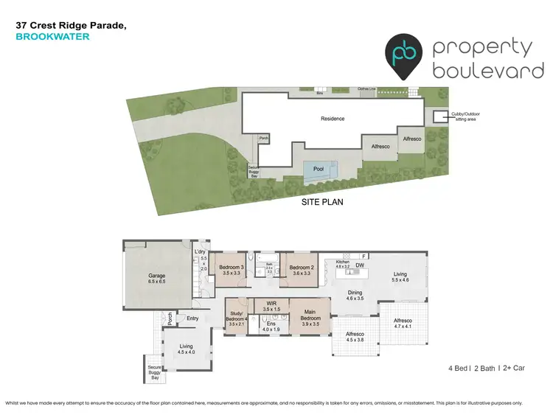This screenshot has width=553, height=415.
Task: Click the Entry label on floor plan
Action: (192, 318)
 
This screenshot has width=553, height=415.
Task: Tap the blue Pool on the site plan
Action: (319, 170)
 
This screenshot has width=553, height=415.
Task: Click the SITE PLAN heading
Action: (321, 201)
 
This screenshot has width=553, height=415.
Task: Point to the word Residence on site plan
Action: (333, 119)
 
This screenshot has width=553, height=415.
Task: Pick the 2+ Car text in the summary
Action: (516, 367)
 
